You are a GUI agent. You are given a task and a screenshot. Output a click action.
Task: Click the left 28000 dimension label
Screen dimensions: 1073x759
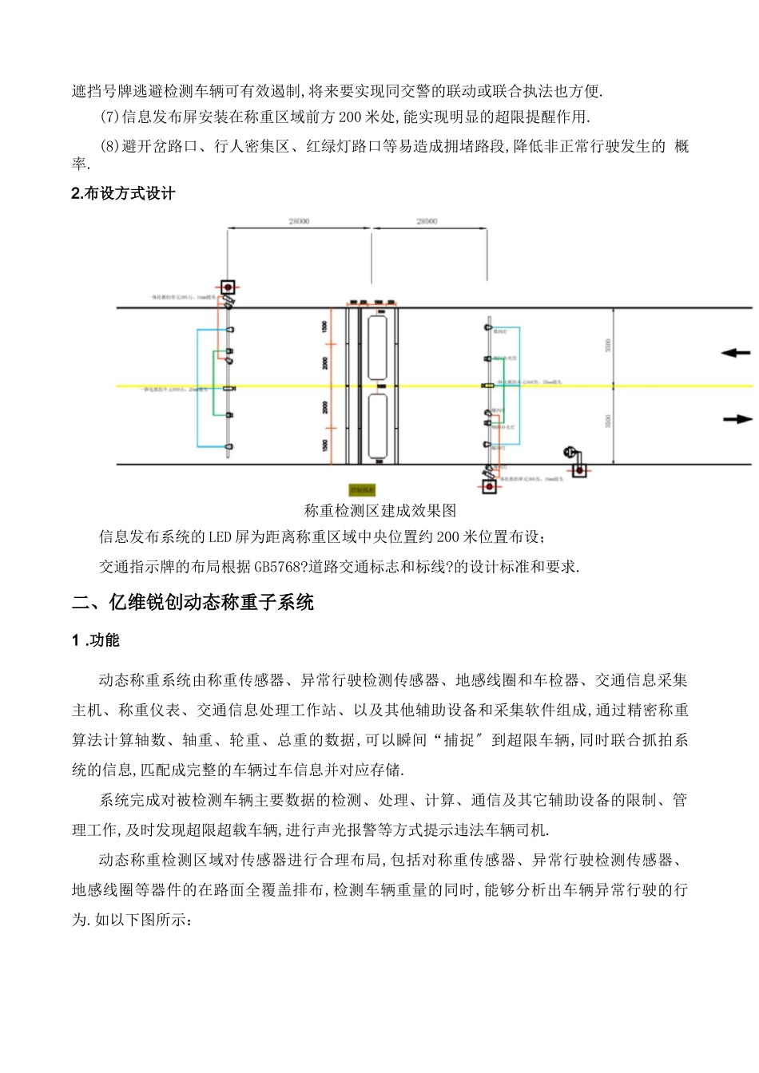click(299, 221)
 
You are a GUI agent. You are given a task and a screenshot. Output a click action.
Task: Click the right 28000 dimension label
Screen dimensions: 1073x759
click(427, 221)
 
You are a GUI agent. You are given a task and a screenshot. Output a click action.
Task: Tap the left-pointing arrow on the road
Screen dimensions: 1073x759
click(736, 353)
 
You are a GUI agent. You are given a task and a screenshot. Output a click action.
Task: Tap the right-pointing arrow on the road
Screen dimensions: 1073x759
click(737, 418)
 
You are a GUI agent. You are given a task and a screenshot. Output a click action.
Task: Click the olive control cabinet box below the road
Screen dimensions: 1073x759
click(362, 489)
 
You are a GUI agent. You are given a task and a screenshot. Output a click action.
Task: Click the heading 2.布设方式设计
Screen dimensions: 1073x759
click(123, 194)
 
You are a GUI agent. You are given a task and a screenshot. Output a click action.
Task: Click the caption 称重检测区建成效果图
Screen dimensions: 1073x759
click(380, 510)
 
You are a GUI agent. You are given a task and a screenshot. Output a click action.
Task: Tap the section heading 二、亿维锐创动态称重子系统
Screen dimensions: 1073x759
click(193, 603)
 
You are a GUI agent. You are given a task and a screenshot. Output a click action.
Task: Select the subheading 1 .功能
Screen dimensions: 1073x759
click(96, 640)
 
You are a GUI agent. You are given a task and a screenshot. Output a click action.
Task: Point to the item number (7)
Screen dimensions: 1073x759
click(109, 117)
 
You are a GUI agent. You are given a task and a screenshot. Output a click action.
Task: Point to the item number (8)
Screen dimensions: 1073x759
click(109, 146)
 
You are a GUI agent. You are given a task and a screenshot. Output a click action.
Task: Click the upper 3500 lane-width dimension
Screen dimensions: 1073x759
click(608, 346)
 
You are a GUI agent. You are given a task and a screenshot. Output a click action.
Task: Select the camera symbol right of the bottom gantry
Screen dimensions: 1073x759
click(571, 453)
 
